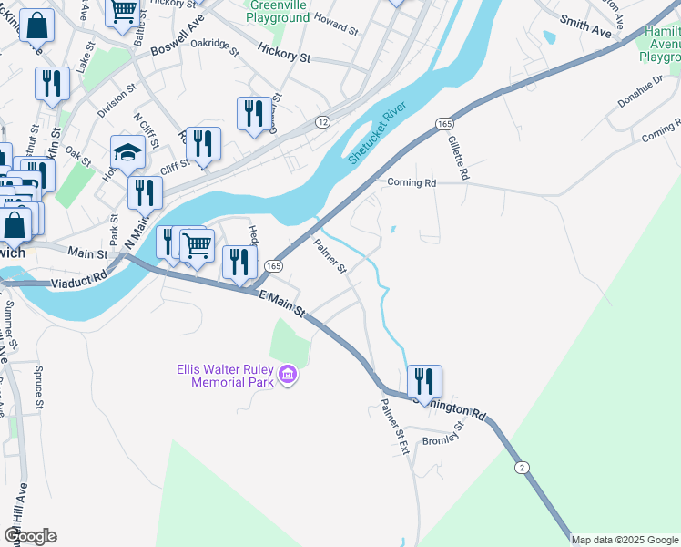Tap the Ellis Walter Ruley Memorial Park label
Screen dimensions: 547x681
tap(227, 375)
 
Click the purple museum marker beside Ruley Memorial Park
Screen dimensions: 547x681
tap(288, 374)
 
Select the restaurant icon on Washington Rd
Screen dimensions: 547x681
tap(424, 381)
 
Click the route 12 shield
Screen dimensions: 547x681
tap(322, 121)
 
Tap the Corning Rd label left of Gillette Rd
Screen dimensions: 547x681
tap(412, 182)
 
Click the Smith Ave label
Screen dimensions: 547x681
tap(585, 26)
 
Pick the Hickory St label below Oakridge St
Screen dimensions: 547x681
tap(284, 56)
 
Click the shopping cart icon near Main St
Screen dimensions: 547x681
tap(198, 243)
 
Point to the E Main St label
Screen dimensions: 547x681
tap(283, 304)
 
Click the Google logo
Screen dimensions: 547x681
tap(30, 536)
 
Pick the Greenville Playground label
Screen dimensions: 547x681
tap(279, 12)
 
